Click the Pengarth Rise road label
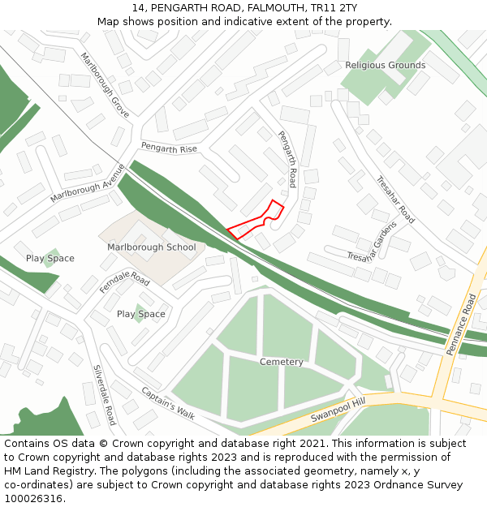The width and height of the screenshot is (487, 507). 169,148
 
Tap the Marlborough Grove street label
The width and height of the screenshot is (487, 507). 105,85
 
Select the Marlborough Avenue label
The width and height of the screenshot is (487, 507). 87,183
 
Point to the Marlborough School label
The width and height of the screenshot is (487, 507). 152,247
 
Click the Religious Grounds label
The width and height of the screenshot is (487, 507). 385,65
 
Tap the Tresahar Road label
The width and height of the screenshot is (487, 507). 395,200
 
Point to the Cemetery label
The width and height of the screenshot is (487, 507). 282,362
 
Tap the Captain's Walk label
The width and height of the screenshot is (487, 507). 168,402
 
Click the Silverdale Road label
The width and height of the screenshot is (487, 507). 104,394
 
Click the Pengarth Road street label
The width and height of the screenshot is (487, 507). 287,159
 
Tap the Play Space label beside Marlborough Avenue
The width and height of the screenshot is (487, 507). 50,259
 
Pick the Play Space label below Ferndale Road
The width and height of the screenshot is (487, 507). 140,314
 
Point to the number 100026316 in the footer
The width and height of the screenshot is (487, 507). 33,499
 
